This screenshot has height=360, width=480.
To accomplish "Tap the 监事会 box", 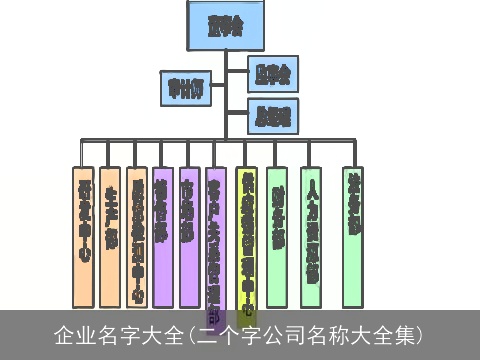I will [272, 74].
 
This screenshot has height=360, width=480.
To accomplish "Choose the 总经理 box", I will [273, 116].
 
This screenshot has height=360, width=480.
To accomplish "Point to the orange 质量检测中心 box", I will [138, 236].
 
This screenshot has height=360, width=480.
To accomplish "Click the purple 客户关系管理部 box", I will [215, 236].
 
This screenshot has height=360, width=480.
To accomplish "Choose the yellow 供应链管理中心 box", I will [246, 236].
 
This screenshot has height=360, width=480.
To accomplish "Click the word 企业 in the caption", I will [72, 334].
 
